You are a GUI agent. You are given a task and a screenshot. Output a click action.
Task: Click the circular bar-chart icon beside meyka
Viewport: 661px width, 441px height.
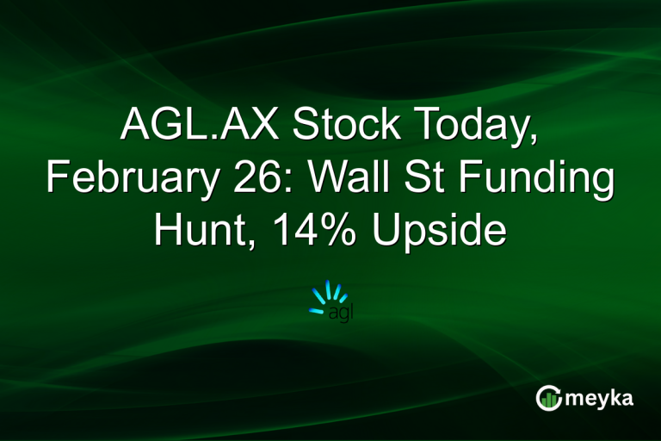click(x=548, y=397)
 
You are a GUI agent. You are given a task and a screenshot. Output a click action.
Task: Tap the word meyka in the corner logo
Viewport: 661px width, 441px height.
click(x=601, y=398)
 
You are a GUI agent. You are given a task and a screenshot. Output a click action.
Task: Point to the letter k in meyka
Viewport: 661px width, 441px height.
click(x=618, y=396)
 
